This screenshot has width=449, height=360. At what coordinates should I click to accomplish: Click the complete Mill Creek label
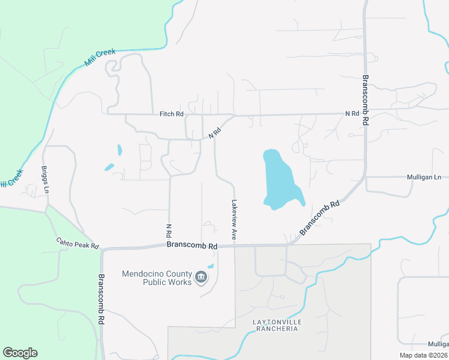99,58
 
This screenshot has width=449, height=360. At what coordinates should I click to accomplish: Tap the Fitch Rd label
172,113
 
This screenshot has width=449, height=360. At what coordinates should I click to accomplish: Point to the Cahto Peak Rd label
77,244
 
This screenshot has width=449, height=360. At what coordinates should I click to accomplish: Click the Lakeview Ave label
234,221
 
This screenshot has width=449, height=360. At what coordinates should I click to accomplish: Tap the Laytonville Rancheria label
276,325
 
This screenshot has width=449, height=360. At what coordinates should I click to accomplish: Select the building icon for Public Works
201,277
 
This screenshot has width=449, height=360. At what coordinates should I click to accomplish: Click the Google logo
20,353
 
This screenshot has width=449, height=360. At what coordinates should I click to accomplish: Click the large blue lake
279,180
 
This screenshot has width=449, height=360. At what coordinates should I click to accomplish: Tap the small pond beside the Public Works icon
211,266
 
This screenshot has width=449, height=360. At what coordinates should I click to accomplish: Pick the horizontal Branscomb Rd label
191,245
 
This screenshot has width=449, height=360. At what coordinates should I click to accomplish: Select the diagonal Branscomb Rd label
320,217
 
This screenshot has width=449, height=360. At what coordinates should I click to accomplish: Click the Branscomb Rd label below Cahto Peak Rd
101,299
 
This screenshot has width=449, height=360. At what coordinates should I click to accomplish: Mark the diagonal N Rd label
215,133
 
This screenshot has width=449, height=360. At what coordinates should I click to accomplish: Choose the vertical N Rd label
169,230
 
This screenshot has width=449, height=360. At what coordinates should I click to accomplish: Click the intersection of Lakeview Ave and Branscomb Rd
234,245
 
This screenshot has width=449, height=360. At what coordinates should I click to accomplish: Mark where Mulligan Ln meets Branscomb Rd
364,177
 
